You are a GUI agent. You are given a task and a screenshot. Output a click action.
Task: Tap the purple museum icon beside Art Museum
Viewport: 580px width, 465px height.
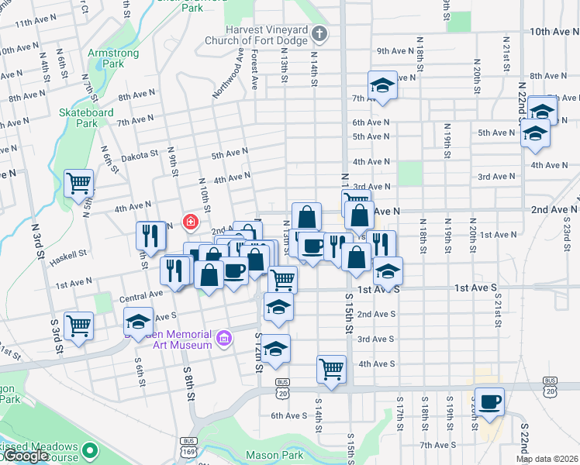pos(225,337)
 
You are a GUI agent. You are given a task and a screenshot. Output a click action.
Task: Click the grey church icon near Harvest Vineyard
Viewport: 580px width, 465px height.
pos(321,33)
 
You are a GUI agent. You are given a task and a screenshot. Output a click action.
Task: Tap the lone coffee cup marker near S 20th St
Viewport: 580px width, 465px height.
pos(489,401)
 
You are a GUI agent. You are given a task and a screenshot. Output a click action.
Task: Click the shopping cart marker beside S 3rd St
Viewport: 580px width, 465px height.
pos(78,325)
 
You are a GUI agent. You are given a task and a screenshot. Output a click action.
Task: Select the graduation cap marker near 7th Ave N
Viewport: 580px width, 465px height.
pos(381,85)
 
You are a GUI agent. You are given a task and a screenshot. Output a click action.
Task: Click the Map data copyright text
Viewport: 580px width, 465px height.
pos(547,459)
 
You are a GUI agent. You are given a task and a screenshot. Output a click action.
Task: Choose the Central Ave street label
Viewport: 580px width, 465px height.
pos(140,295)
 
